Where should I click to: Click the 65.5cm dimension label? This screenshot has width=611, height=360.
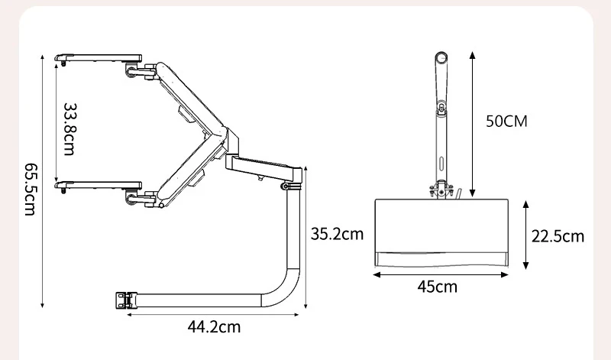(x=30, y=189)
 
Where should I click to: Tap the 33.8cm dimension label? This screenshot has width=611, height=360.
(x=70, y=129)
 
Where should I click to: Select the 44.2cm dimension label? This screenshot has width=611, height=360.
(x=214, y=326)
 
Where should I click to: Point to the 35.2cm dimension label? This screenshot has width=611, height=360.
(x=337, y=234)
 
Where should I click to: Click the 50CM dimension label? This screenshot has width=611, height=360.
(x=506, y=122)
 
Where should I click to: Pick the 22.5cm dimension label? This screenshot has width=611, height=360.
(x=558, y=236)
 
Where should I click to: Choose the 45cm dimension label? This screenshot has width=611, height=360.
(x=437, y=287)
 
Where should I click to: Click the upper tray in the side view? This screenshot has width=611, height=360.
(x=99, y=59)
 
